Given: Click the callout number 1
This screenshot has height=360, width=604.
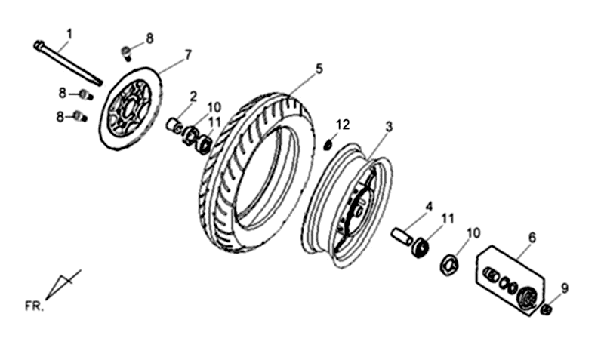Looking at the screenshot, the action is tap(69, 34).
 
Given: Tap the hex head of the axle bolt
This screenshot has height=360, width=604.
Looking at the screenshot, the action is tap(39, 45).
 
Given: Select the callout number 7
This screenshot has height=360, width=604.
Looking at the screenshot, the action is tap(187, 55).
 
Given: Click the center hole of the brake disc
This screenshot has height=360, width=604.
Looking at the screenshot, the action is tap(129, 108).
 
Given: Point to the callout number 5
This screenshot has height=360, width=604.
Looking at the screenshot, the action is tap(319, 69).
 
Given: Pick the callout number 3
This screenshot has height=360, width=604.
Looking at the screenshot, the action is tap(389, 126).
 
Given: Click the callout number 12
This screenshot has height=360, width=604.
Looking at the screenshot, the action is tap(343, 125).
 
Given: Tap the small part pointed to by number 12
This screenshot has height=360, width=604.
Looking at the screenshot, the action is tap(328, 146).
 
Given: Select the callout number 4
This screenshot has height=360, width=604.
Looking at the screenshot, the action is tap(429, 206).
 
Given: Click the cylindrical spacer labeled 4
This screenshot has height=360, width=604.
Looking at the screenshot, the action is tap(401, 235).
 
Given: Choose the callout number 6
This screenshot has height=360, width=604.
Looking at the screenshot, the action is tap(532, 238).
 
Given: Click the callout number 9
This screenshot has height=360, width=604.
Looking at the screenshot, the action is tap(564, 288).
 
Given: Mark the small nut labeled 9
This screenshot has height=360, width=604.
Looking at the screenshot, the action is tap(545, 309).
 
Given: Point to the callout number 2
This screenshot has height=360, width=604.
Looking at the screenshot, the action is tap(193, 97).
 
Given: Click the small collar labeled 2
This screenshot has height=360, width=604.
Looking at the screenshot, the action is tap(175, 126).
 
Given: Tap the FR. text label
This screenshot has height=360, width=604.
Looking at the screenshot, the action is tap(34, 306).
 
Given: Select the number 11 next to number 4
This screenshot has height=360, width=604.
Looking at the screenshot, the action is tap(447, 219).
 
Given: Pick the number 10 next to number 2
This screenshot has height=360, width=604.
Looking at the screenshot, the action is tap(214, 106).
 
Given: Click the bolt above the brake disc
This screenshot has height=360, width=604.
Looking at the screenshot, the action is tap(126, 52).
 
